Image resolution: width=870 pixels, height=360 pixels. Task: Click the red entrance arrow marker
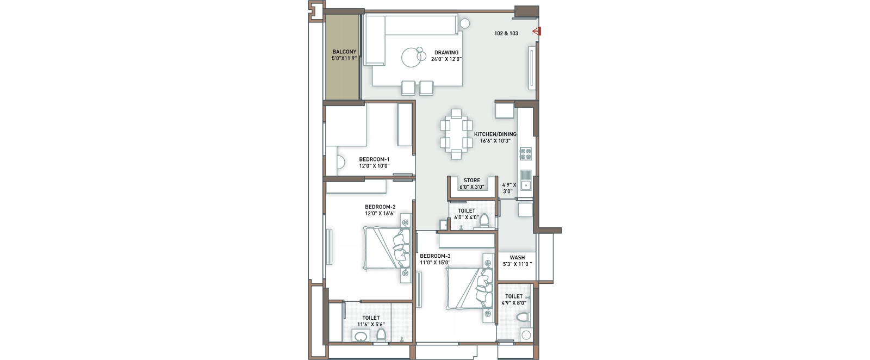[537, 32]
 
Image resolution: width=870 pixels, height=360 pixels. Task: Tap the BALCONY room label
[344, 52]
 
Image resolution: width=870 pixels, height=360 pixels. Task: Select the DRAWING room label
[446, 52]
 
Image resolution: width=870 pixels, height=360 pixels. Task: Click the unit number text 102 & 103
[506, 33]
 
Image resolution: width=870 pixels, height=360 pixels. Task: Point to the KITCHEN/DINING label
[495, 134]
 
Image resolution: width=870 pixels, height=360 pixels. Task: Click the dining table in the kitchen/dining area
[456, 134]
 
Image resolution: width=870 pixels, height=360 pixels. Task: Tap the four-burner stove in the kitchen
[525, 154]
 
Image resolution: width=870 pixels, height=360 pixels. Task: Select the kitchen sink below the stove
[526, 180]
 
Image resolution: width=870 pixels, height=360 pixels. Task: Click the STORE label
[472, 180]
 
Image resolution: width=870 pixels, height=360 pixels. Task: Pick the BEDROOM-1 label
[374, 159]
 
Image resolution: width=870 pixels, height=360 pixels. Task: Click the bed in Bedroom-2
[387, 248]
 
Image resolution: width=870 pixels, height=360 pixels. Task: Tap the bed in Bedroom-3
[469, 289]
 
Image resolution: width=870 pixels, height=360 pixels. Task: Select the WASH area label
[517, 257]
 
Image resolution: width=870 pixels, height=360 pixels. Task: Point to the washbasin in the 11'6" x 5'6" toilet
[361, 336]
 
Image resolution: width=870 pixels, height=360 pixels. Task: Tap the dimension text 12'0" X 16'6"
[380, 214]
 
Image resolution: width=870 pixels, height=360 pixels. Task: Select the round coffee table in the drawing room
[411, 58]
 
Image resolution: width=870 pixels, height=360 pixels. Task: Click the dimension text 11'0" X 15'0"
[435, 263]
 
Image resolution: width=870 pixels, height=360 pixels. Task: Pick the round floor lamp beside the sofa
[464, 24]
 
